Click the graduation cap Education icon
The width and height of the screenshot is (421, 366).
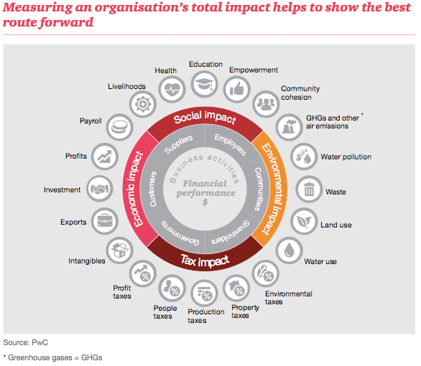tap(204, 84)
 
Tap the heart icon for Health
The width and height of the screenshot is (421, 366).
tap(172, 89)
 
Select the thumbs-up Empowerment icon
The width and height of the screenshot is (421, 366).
tap(237, 89)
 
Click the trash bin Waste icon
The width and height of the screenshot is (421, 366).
tap(309, 189)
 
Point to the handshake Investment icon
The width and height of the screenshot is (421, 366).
tap(100, 189)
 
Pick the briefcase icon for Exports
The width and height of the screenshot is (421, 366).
tap(105, 221)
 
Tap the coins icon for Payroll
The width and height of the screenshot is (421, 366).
tap(119, 127)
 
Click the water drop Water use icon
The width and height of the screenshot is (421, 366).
tap(290, 250)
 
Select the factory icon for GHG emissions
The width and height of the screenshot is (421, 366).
tap(290, 127)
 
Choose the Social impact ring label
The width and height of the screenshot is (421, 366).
tap(205, 117)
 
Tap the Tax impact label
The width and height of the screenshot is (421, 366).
tap(205, 261)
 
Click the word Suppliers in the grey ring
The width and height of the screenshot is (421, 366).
tap(178, 144)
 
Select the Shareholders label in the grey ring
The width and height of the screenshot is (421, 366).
tap(231, 233)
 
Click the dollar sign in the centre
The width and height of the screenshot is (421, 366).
tap(205, 202)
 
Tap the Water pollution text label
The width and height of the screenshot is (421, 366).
tap(346, 157)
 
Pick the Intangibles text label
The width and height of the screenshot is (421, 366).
tap(87, 261)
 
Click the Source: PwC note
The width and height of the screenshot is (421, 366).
tap(26, 342)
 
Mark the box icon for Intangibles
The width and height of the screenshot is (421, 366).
tap(119, 250)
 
